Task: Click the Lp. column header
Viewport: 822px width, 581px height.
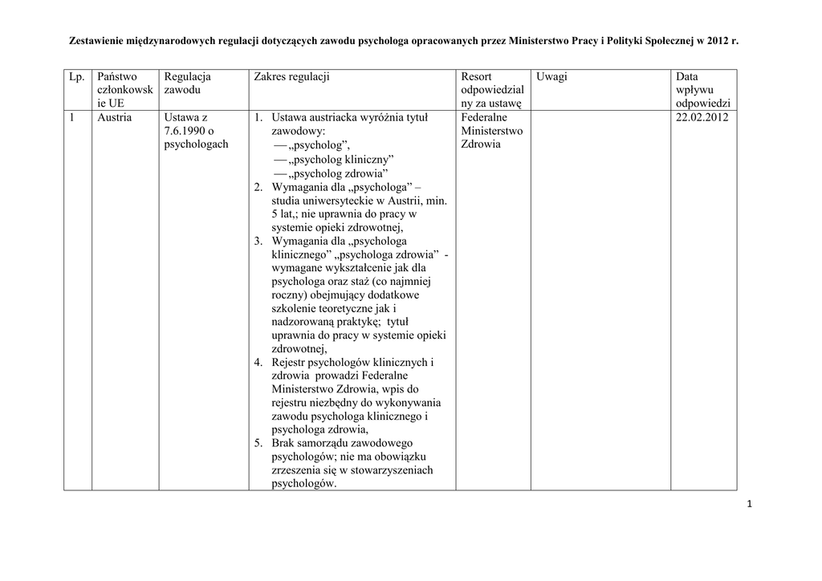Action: (x=77, y=76)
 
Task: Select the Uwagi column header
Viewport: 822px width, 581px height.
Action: (x=552, y=76)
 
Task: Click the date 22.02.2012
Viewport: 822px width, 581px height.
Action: (x=702, y=118)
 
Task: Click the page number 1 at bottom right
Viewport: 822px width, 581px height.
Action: (x=748, y=504)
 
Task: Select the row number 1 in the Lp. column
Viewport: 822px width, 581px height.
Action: (x=72, y=118)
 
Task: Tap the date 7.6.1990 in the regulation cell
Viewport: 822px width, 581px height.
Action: (x=185, y=132)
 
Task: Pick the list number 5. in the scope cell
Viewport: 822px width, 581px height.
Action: (x=258, y=443)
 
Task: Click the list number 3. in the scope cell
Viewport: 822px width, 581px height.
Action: (x=258, y=241)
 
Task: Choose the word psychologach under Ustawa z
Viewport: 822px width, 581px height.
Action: (x=196, y=145)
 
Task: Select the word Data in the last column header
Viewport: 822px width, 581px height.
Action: (x=687, y=76)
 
